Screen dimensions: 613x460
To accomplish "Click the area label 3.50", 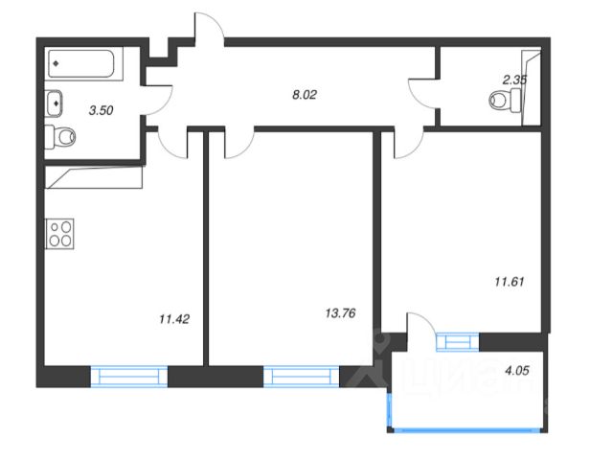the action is [101, 110].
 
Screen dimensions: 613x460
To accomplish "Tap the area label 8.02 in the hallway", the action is [306, 94].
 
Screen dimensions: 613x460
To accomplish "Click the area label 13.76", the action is [341, 311].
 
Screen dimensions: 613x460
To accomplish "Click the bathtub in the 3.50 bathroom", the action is [82, 64].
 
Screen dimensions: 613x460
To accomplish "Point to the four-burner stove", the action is [59, 234].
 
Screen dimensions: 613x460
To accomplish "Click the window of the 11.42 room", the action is [128, 376].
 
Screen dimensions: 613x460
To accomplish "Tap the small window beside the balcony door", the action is [457, 341].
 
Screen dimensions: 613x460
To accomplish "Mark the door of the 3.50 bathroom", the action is [157, 99].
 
